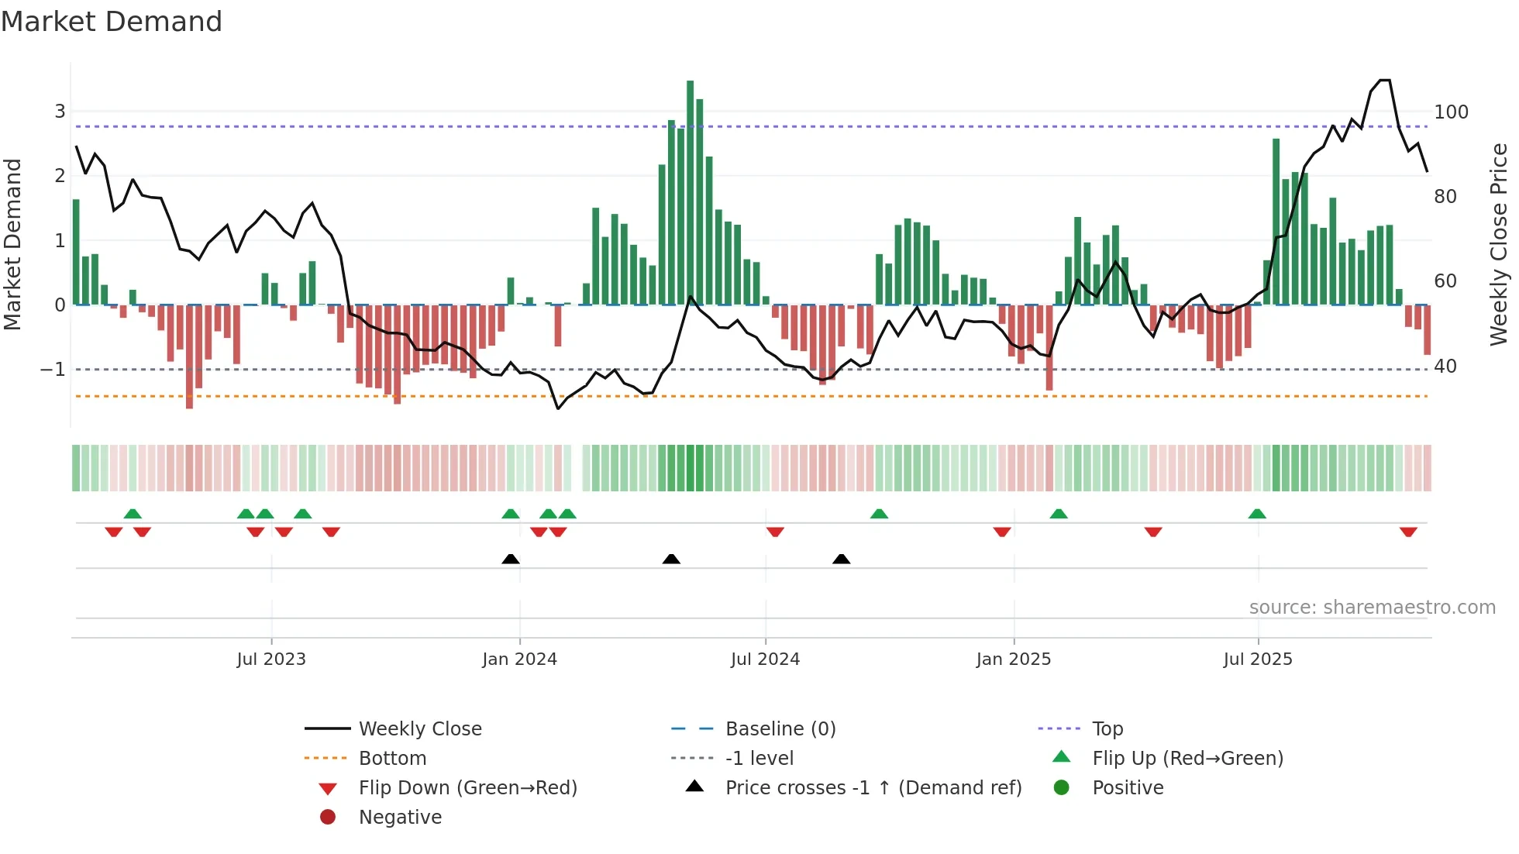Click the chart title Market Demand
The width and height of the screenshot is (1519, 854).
coord(112,22)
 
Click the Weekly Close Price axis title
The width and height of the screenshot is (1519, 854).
coord(1499,244)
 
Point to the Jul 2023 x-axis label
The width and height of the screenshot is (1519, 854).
coord(271,659)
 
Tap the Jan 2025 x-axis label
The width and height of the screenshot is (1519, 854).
coord(1013,659)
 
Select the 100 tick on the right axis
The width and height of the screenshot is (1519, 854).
coord(1451,112)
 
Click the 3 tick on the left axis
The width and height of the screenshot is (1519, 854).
coord(60,111)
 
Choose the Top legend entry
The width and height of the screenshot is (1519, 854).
coord(1107,729)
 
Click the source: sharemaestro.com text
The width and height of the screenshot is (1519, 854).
coord(1372,608)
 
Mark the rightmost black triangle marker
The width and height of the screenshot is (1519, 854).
coord(841,559)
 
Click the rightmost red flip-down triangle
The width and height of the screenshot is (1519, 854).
coord(1408,532)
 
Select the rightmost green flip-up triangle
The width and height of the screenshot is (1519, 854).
coord(1257,514)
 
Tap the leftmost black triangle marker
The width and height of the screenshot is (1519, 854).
coord(511,559)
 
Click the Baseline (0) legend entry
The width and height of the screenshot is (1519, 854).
coord(780,729)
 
